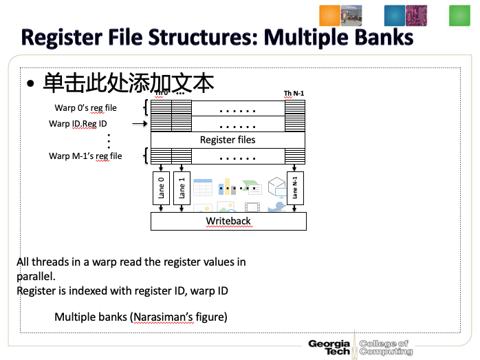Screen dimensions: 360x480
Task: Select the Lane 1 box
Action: coord(182,189)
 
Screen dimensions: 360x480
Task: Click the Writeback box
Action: coord(228,221)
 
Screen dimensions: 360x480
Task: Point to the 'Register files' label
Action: coord(228,140)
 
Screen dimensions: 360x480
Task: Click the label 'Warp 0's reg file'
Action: coord(86,107)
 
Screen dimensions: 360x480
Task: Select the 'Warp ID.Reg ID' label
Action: coord(78,124)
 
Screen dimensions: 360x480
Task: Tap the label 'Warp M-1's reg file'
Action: coord(85,156)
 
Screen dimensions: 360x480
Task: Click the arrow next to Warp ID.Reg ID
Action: coord(140,124)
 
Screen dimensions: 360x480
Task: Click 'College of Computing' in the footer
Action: coord(386,348)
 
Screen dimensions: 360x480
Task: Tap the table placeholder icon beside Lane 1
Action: coord(202,187)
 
